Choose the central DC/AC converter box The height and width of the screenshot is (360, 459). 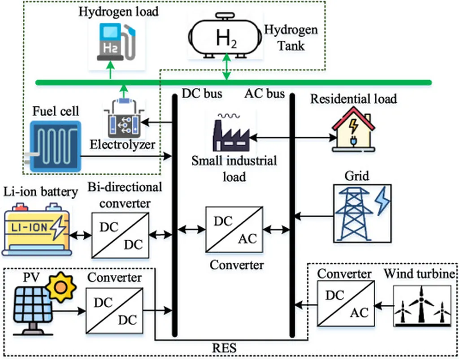point(234,229)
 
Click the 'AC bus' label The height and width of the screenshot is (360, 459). point(264,94)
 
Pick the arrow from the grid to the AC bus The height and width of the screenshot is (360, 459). point(313,217)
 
